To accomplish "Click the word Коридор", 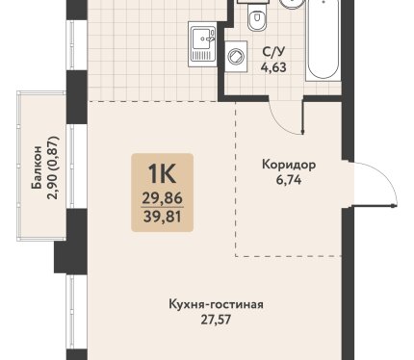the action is [289, 165].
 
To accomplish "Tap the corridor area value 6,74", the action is [289, 180].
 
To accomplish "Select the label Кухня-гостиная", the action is [216, 304].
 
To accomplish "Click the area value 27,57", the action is [216, 320].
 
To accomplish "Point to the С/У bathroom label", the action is [273, 52].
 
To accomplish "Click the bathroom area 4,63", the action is [273, 67].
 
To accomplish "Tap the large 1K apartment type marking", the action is [162, 174].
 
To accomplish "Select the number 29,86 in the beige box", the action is [163, 199].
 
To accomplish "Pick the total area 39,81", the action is [163, 218].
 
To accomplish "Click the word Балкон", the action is [37, 167].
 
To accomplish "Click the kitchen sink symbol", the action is [203, 44].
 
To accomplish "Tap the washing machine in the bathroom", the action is [236, 56].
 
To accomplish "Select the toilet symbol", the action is [257, 17].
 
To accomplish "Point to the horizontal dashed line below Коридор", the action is [288, 256].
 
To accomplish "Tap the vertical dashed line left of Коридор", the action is [236, 179].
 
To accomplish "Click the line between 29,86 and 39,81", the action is [162, 208].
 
